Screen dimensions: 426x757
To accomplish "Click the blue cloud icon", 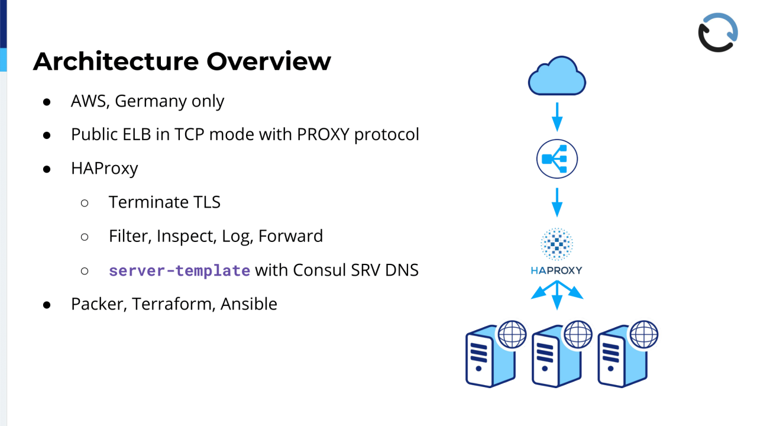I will click(557, 76).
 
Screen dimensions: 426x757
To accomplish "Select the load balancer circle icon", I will click(557, 159).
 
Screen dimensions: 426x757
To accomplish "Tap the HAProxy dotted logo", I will click(557, 244).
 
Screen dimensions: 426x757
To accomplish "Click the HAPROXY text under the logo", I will click(557, 270).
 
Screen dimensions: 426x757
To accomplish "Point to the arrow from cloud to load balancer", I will click(557, 116).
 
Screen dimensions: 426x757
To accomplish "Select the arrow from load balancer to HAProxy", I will click(557, 202).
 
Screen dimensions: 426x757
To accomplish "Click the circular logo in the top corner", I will click(718, 33).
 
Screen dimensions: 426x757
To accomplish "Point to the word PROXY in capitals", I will click(323, 134).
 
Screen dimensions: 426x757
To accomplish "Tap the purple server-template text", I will click(179, 271).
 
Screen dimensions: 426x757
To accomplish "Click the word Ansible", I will click(249, 304).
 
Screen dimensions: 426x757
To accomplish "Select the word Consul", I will click(318, 270).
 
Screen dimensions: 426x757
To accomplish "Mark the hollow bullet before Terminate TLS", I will click(85, 203).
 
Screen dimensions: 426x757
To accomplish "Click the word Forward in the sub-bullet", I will click(290, 236).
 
